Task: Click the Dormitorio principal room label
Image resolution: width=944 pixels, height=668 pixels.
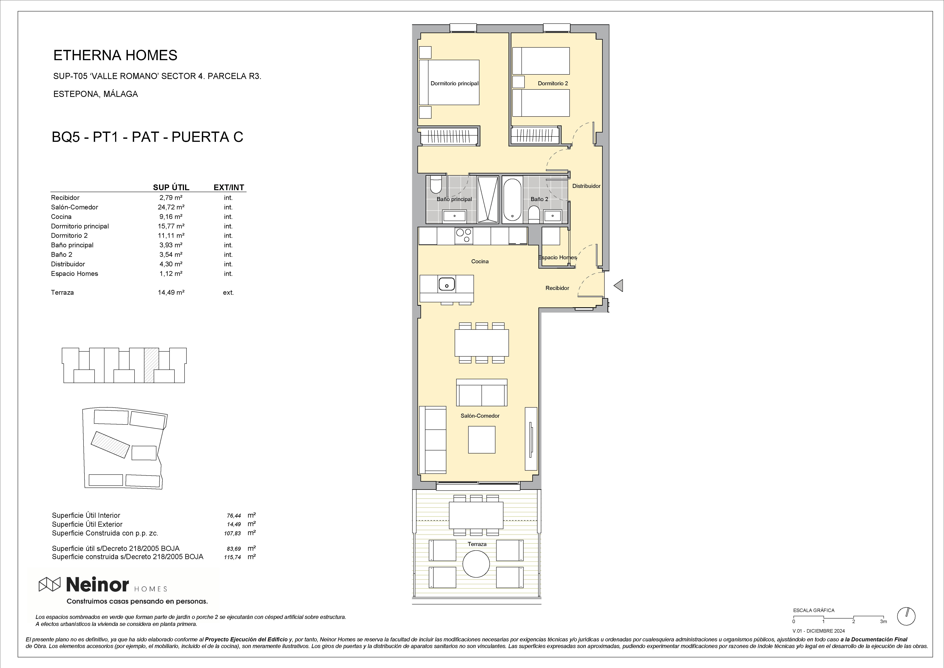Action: click(454, 84)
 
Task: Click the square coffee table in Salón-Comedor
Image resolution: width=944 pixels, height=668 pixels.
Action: click(482, 440)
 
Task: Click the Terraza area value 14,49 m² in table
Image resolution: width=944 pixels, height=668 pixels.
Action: click(171, 292)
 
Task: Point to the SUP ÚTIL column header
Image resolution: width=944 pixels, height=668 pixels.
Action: click(171, 188)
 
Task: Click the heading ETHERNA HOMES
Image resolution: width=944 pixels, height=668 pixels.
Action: click(115, 55)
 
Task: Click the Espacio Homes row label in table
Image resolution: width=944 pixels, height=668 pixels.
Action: click(74, 274)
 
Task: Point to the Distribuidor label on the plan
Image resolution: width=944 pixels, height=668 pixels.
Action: click(586, 186)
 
